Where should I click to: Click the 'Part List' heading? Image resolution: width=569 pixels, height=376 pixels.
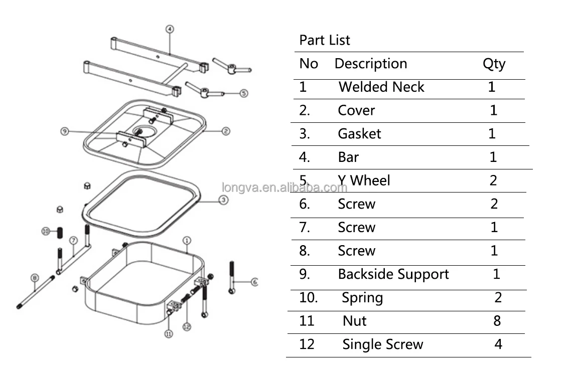point(325,40)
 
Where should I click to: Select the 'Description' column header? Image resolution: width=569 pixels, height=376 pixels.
point(370,64)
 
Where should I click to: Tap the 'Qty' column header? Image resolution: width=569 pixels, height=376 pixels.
point(494,64)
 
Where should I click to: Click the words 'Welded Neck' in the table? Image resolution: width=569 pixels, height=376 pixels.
point(381,87)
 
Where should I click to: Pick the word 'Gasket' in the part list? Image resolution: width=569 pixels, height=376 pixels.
point(359,134)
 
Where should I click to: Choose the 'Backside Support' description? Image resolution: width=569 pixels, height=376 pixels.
point(393,274)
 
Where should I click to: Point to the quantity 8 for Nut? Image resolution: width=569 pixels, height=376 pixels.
point(497,321)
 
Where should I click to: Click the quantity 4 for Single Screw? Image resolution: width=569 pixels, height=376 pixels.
point(498,344)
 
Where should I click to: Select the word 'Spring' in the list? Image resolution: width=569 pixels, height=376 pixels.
point(362,298)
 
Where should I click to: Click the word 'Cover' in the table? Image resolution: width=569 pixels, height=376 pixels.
point(356,110)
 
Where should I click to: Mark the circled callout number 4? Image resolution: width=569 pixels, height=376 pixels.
point(170,29)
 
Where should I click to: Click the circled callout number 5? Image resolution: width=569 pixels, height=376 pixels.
point(243,93)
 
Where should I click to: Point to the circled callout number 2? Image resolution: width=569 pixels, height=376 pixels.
point(226,131)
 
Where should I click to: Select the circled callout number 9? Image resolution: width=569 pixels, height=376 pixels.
point(64,131)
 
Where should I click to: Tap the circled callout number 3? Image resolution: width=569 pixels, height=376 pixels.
point(224,200)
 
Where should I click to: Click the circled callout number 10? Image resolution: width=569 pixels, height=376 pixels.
point(46,231)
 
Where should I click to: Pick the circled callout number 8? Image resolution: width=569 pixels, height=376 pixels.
point(34,277)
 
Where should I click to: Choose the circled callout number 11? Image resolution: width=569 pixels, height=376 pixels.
point(169,333)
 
